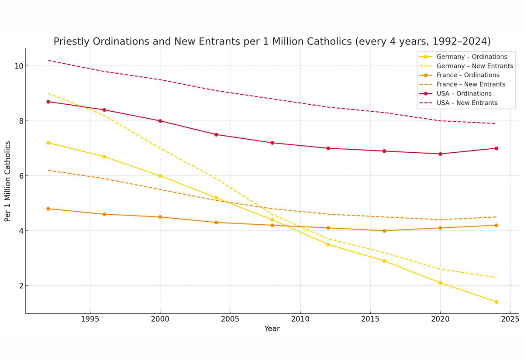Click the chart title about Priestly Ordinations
pos(272,41)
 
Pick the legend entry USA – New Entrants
pos(467,103)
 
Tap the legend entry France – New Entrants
pos(471,84)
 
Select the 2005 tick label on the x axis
pos(230,319)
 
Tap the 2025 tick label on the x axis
pos(510,319)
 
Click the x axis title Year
pos(272,329)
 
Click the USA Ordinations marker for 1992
pos(48,102)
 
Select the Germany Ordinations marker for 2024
pos(496,302)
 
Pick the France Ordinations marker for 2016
pos(384,231)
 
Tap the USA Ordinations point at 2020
pos(440,154)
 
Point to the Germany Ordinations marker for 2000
pos(160,176)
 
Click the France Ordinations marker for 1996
pos(104,214)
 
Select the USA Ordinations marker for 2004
pos(216,134)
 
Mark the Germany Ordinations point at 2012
pos(328,244)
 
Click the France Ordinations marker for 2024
pos(496,225)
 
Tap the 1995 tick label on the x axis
pos(90,319)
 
